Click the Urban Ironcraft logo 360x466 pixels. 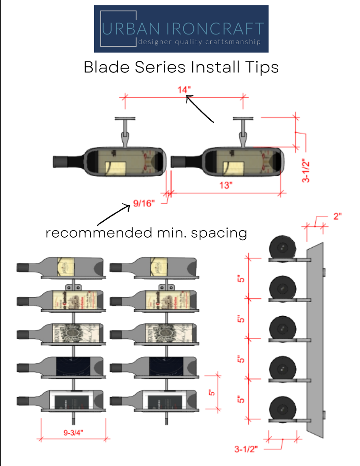click(x=181, y=29)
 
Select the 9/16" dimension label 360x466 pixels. click(x=144, y=204)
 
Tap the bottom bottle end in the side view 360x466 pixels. click(x=281, y=408)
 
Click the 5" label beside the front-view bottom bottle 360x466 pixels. click(x=212, y=392)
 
